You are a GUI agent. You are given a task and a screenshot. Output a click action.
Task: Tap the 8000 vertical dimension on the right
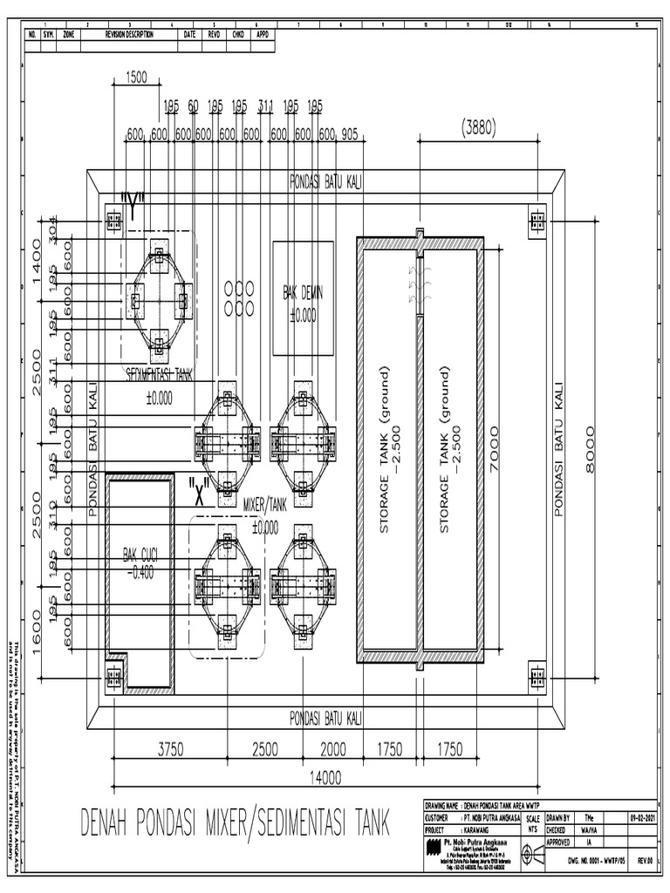click(x=592, y=448)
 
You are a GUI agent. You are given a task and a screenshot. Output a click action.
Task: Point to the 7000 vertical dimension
click(x=496, y=448)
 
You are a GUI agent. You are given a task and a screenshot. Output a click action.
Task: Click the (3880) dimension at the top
click(x=478, y=126)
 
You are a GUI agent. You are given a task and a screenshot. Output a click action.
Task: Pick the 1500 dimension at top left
click(x=136, y=77)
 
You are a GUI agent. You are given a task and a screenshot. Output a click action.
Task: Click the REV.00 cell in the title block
click(x=646, y=859)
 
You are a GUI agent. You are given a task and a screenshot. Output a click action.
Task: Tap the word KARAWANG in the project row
click(x=480, y=830)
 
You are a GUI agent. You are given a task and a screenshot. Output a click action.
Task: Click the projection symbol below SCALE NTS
click(x=532, y=844)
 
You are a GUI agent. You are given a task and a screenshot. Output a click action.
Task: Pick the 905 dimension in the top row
click(x=349, y=134)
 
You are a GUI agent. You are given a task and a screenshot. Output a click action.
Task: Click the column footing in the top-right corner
click(x=537, y=222)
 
